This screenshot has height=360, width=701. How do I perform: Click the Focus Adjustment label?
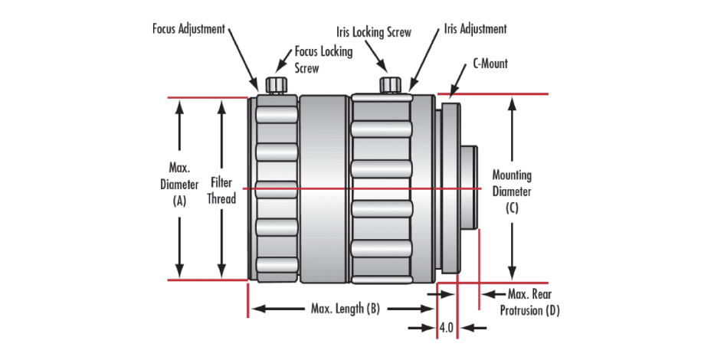[188, 30]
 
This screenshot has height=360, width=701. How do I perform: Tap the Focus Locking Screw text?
[324, 58]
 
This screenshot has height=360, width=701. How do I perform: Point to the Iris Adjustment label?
[475, 30]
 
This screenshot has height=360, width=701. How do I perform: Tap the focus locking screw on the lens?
[275, 84]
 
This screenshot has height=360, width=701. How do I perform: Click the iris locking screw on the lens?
[391, 84]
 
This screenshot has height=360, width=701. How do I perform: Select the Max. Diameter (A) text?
[179, 185]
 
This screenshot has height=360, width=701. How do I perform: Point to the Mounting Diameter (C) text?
[512, 191]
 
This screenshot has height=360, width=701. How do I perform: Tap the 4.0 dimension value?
[447, 328]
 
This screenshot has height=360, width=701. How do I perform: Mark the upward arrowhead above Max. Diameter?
[179, 107]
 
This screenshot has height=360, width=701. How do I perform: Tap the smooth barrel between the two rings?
[323, 188]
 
